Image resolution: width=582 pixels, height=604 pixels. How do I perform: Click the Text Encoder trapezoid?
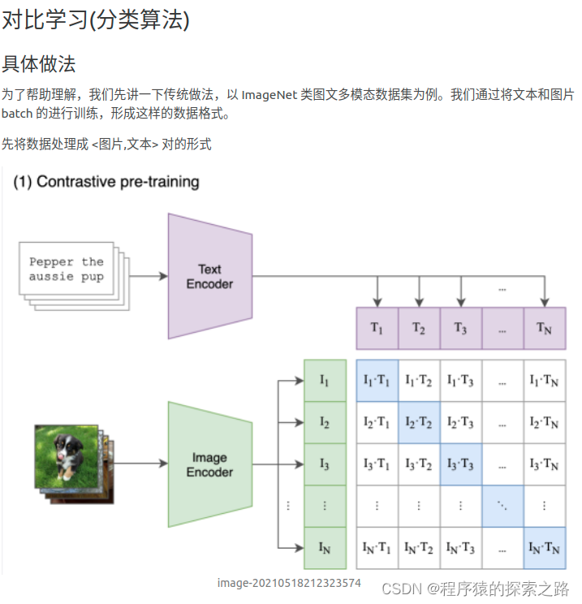209,276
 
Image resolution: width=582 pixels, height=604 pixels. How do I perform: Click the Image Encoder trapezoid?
209,464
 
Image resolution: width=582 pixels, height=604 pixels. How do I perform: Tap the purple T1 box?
377,328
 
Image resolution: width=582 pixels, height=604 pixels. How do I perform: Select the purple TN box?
544,328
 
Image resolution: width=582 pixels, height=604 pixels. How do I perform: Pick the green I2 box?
324,422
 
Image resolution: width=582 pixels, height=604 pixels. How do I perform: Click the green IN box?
324,548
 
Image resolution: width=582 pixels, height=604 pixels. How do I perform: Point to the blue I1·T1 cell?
377,380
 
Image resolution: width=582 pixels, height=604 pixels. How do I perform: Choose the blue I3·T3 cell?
461,464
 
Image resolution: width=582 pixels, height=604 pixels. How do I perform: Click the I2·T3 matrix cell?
461,422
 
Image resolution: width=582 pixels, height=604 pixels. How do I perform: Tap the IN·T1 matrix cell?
377,548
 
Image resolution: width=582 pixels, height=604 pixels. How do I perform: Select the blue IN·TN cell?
544,548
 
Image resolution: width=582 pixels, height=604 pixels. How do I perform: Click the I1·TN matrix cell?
544,380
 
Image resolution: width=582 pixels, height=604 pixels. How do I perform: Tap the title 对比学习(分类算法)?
96,20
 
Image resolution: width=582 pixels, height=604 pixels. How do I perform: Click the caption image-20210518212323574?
289,583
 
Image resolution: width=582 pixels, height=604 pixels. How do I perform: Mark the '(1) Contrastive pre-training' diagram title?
106,182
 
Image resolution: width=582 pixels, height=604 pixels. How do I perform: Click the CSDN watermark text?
475,589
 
